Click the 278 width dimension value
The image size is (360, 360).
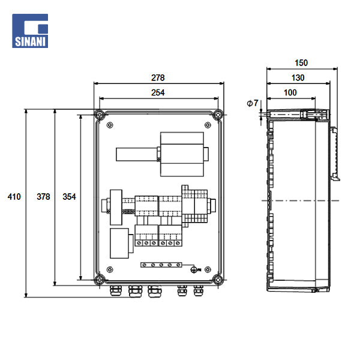tap(158, 78)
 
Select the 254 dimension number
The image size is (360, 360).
tap(158, 92)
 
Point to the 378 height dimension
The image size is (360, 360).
tap(43, 197)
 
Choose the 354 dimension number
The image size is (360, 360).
tap(69, 197)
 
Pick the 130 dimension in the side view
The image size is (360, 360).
tap(298, 78)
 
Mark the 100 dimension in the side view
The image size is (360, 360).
tap(290, 92)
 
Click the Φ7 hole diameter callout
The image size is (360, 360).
tap(252, 104)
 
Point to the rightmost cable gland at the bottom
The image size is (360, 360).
tap(198, 292)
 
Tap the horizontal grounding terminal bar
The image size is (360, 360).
tap(161, 264)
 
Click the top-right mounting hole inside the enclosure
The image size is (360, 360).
tap(208, 125)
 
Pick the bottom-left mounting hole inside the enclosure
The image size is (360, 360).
tap(109, 269)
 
